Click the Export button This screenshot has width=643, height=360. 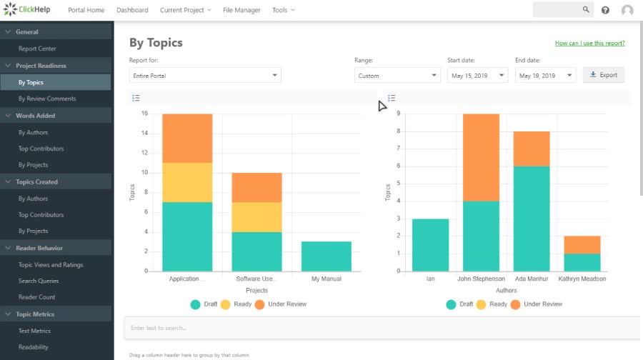(604, 75)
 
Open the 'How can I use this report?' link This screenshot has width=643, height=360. (589, 44)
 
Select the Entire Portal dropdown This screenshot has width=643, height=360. (205, 76)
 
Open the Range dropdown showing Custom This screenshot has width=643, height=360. (397, 76)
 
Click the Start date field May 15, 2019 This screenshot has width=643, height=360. (477, 76)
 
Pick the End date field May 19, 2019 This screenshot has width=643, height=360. (545, 76)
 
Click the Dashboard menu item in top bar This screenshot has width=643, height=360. (132, 10)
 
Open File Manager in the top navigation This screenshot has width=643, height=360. (241, 10)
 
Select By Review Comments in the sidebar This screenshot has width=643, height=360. (47, 99)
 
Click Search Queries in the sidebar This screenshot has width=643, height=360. (39, 281)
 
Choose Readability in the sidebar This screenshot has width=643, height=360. (34, 347)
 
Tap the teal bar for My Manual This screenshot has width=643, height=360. (326, 256)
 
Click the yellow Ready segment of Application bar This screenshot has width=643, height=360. (187, 182)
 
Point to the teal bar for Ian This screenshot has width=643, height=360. (430, 245)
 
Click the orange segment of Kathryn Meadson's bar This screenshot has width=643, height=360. (582, 244)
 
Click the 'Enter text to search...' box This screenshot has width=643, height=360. (382, 328)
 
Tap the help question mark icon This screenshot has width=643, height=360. (605, 10)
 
